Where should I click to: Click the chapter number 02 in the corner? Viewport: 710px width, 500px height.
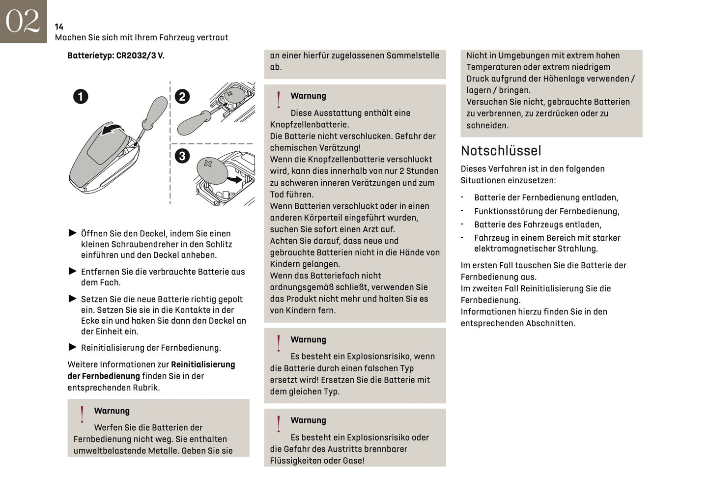pos(23,21)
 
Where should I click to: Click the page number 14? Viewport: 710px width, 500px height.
pos(59,27)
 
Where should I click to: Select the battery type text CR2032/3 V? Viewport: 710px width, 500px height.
pos(140,56)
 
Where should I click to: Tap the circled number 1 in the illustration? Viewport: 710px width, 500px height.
pos(81,96)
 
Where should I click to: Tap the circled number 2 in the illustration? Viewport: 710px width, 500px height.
pos(182,96)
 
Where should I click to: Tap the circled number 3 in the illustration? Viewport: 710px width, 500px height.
pos(182,156)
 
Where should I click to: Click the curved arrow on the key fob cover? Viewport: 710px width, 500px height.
pos(113,129)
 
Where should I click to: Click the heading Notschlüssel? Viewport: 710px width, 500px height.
pos(501,151)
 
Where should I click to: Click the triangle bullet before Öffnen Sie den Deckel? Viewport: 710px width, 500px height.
pos(73,233)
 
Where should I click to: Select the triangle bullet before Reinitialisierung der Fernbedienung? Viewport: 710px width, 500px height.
pos(73,347)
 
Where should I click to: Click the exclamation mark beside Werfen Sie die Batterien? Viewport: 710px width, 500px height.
pos(82,415)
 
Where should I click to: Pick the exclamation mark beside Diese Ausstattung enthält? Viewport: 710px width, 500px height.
pos(279,100)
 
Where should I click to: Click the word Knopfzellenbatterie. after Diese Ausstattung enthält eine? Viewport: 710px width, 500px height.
pos(310,125)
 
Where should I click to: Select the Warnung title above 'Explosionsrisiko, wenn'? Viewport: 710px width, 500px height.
pos(308,339)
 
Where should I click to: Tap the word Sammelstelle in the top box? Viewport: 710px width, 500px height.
pos(413,56)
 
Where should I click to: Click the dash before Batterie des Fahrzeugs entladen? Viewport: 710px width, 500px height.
pos(462,224)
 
